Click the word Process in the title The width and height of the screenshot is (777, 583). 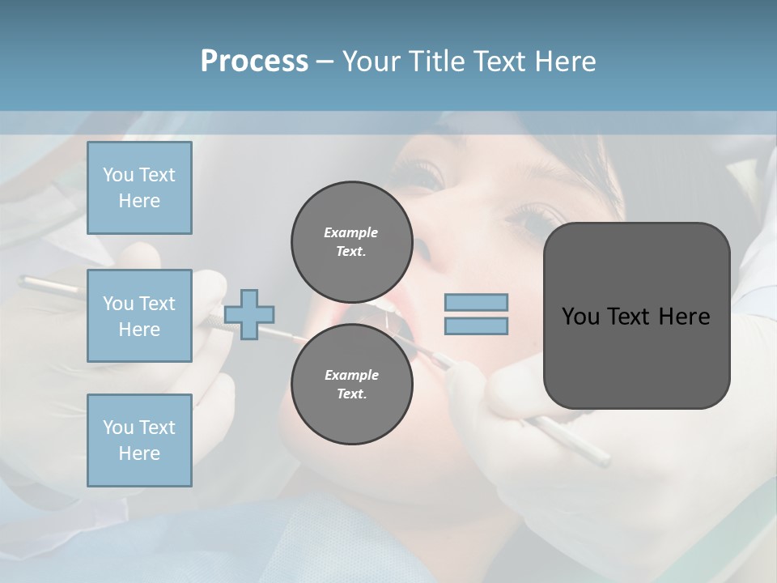[x=254, y=62]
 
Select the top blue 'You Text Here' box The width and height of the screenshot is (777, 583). [x=139, y=188]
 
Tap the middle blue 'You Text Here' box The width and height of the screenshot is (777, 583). [x=139, y=316]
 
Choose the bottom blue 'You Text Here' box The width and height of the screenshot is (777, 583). [x=139, y=440]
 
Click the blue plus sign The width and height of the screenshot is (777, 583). [x=249, y=314]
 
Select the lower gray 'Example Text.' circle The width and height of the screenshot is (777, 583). [x=351, y=384]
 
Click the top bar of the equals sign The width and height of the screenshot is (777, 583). [x=476, y=303]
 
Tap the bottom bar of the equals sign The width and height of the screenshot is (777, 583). [x=476, y=326]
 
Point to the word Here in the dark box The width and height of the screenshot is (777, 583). [x=684, y=317]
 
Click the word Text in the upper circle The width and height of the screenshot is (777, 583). [x=350, y=251]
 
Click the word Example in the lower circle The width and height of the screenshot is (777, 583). [x=351, y=375]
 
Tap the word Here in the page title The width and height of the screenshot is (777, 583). [x=564, y=62]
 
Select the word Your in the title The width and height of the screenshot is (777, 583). [x=369, y=62]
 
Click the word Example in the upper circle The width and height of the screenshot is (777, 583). [x=351, y=232]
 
